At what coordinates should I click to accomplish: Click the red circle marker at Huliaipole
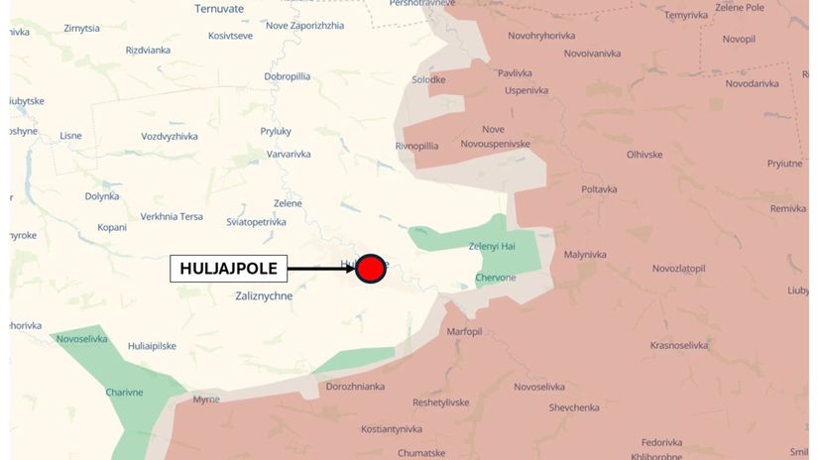click(x=370, y=269)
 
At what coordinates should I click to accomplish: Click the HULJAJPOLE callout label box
click(x=228, y=268)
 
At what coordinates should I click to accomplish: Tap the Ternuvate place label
click(x=219, y=9)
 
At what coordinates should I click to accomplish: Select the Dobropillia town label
click(x=288, y=76)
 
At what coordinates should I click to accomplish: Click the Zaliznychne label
click(x=265, y=295)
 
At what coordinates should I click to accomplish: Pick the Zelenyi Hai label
click(x=491, y=246)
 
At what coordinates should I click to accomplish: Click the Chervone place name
click(x=496, y=278)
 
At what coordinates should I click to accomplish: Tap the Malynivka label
click(x=585, y=255)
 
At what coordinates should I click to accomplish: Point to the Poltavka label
click(x=599, y=189)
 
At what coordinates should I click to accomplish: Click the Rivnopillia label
click(x=416, y=146)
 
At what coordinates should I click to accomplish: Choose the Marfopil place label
click(x=464, y=331)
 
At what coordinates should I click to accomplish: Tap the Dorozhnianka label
click(x=355, y=387)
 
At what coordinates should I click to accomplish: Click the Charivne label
click(x=125, y=393)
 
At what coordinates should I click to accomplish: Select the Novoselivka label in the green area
click(x=81, y=339)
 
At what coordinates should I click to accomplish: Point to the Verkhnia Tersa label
click(x=172, y=217)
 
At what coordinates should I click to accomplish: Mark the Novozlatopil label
click(x=679, y=269)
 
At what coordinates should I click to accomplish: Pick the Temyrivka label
click(x=686, y=15)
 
